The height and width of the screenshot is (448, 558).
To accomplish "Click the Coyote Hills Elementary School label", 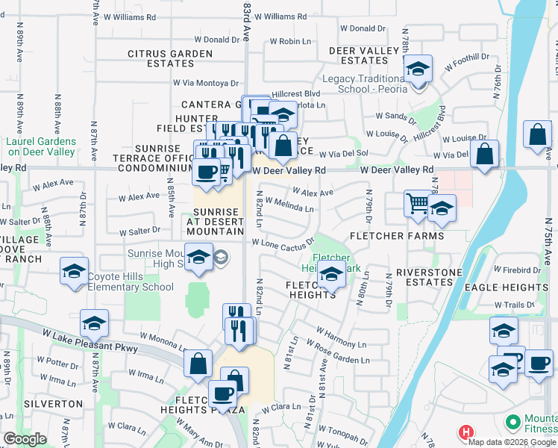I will click(x=131, y=287).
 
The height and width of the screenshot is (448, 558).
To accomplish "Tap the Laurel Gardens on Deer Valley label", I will click(x=41, y=146).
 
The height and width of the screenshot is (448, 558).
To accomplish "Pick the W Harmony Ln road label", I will click(x=341, y=337).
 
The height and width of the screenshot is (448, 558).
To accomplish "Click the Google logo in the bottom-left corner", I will click(x=25, y=439).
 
